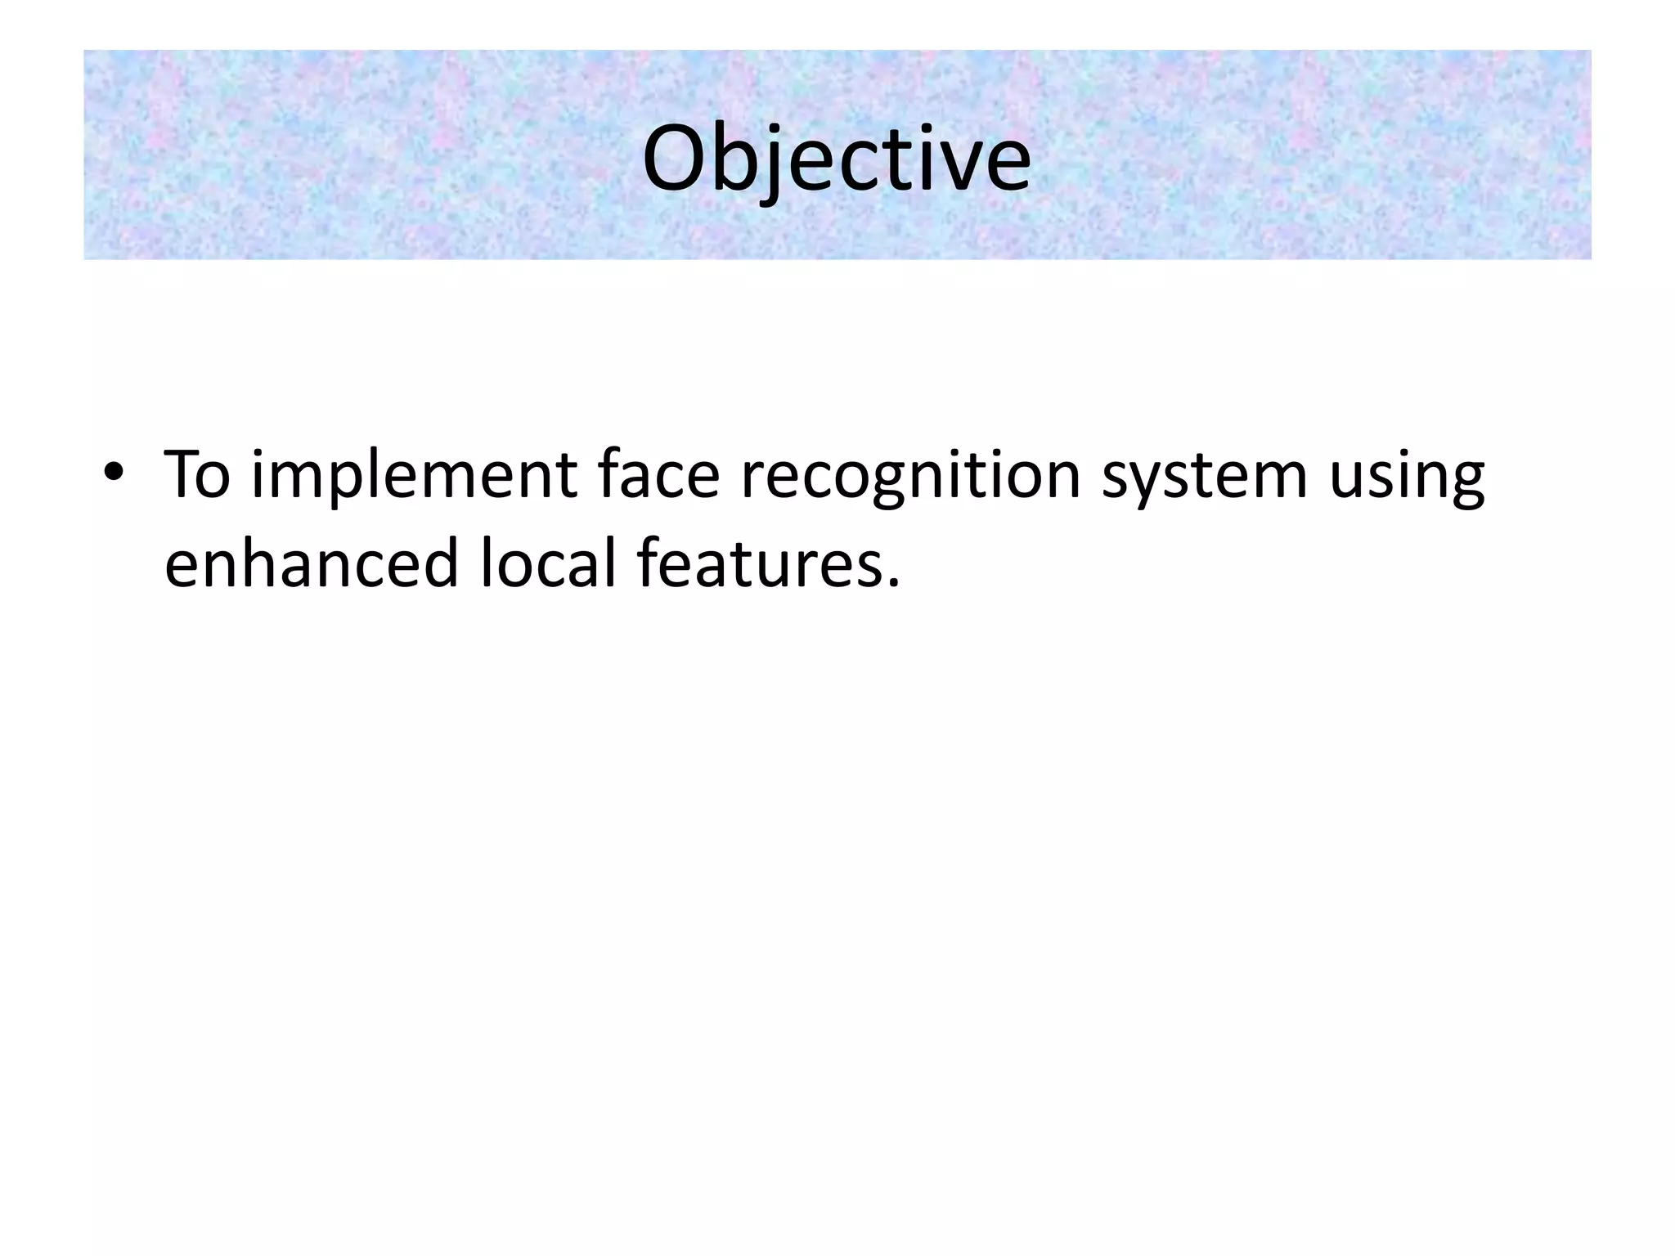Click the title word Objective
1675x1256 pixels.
pos(836,159)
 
